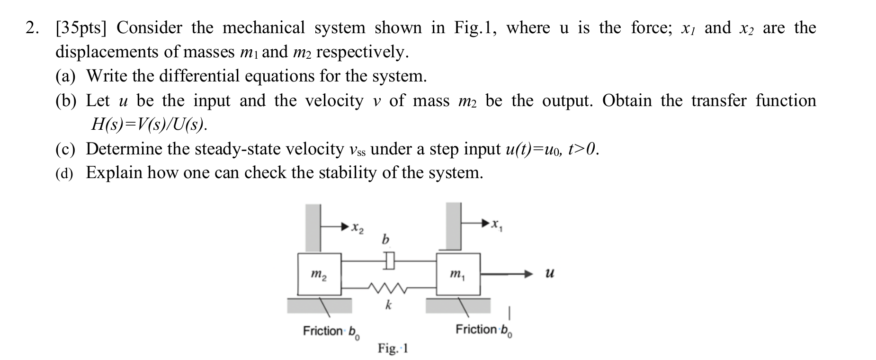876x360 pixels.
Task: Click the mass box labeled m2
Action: click(319, 274)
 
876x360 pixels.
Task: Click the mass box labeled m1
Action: click(458, 274)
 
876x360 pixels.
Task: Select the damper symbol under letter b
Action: click(389, 260)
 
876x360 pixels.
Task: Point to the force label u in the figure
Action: click(549, 274)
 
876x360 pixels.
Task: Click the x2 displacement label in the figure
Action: click(358, 228)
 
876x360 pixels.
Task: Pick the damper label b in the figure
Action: click(385, 240)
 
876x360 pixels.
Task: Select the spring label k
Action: click(388, 305)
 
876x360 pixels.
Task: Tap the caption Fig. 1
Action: click(393, 349)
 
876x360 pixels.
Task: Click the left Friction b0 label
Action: click(331, 332)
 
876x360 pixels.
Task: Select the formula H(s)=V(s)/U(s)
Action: click(150, 124)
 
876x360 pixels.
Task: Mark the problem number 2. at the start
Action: click(32, 28)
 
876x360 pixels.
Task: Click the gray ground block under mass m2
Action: click(319, 306)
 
